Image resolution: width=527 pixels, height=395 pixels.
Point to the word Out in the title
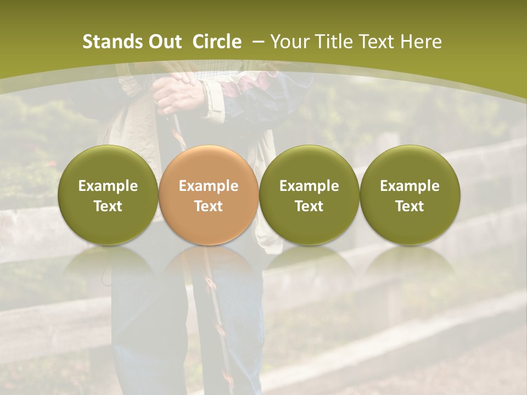[x=164, y=42]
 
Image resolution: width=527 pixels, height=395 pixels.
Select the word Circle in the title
[x=217, y=42]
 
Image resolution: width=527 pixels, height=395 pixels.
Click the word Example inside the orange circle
[x=209, y=186]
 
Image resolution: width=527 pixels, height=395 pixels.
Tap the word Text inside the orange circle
[x=209, y=206]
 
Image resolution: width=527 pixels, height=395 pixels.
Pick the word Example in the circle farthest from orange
[x=410, y=186]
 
